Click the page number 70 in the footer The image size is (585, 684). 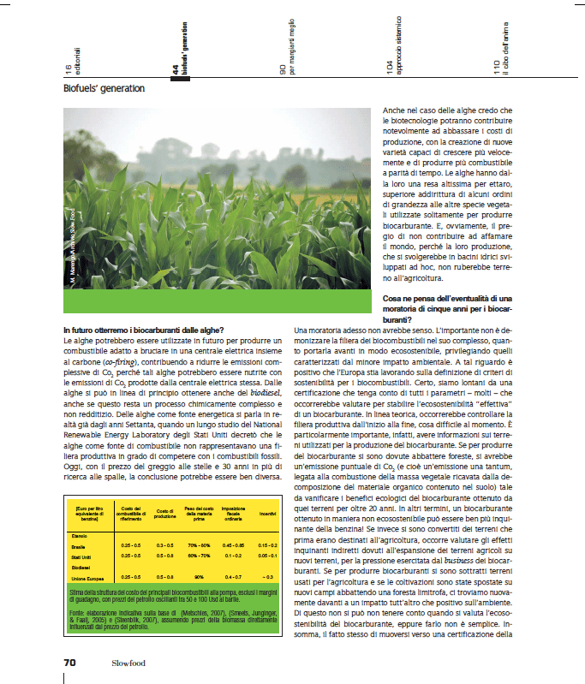tap(69, 662)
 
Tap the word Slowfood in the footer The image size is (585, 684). tap(128, 663)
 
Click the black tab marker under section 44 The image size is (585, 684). tap(180, 80)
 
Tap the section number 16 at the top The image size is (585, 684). tap(68, 68)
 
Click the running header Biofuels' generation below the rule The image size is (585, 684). tap(104, 88)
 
